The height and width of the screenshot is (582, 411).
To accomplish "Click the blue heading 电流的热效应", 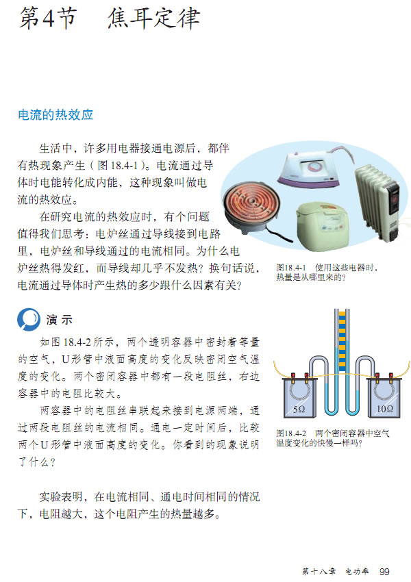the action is coord(55,115).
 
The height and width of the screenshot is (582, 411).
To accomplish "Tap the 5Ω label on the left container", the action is coord(299,409).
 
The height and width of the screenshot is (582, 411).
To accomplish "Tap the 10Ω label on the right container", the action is coord(385,409).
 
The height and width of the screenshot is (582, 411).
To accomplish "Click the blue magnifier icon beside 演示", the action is coord(29,319).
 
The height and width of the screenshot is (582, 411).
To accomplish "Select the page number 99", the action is coord(384,572).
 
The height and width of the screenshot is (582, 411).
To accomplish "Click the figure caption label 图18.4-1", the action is coord(291,268).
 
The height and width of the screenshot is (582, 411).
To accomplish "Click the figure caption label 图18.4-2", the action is coord(291,433).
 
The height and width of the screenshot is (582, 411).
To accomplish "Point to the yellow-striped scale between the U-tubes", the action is coord(342,340).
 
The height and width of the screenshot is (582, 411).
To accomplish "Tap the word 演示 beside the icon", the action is coord(60,320).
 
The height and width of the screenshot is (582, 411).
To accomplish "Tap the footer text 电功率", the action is coord(357,572).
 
